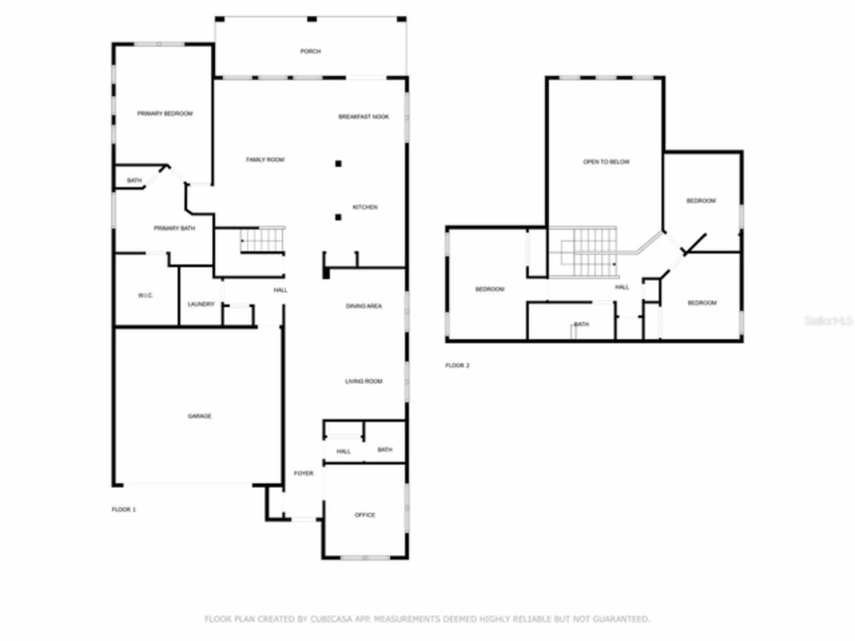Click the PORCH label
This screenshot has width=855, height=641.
pos(310,51)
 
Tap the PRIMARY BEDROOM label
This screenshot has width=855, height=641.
pos(165,114)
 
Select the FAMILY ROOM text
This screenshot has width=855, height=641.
pos(265,160)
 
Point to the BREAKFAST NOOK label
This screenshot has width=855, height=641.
pos(363,117)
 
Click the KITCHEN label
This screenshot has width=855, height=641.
pos(365,207)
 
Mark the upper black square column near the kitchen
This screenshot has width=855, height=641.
pos(339,164)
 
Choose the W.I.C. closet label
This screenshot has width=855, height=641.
pos(146,295)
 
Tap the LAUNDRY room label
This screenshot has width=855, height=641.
pos(201,304)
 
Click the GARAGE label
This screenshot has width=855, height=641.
pos(199,416)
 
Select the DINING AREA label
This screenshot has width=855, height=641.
pos(364,306)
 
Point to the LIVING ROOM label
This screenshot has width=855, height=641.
pos(363,381)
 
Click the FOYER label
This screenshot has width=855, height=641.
pos(303,473)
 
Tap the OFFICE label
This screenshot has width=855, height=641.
pos(365,515)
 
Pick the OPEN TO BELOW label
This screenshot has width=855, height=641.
pos(606,162)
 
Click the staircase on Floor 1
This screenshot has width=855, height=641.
pos(263,240)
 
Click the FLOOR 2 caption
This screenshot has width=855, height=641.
pos(458,365)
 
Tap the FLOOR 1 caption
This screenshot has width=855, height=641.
pos(124,509)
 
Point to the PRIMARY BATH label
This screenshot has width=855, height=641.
pos(174,228)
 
